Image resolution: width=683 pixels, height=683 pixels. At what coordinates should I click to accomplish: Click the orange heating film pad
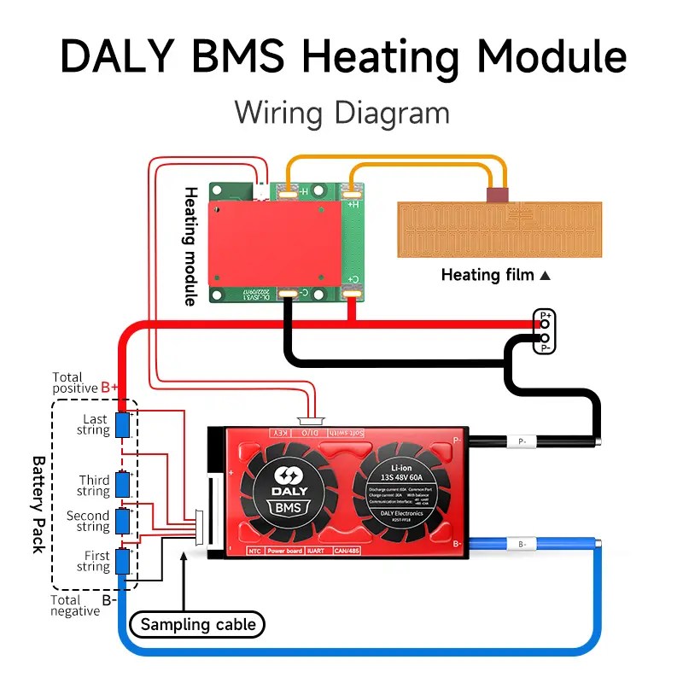coord(499,229)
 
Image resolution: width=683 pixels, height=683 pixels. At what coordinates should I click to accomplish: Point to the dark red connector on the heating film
coord(498,196)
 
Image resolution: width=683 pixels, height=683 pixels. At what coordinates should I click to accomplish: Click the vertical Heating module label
coord(190,245)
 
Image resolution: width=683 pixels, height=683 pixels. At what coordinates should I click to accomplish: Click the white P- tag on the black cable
coord(522,442)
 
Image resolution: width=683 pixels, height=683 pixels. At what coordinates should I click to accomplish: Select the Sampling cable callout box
coord(197,624)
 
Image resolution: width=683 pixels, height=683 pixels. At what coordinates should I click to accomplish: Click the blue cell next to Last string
coord(122,424)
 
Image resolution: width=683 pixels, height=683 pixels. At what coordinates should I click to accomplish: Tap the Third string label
coord(94,486)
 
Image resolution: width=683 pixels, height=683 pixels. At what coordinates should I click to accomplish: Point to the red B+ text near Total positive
coord(110,388)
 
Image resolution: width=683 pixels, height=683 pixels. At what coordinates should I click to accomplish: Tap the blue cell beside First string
coord(123,561)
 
